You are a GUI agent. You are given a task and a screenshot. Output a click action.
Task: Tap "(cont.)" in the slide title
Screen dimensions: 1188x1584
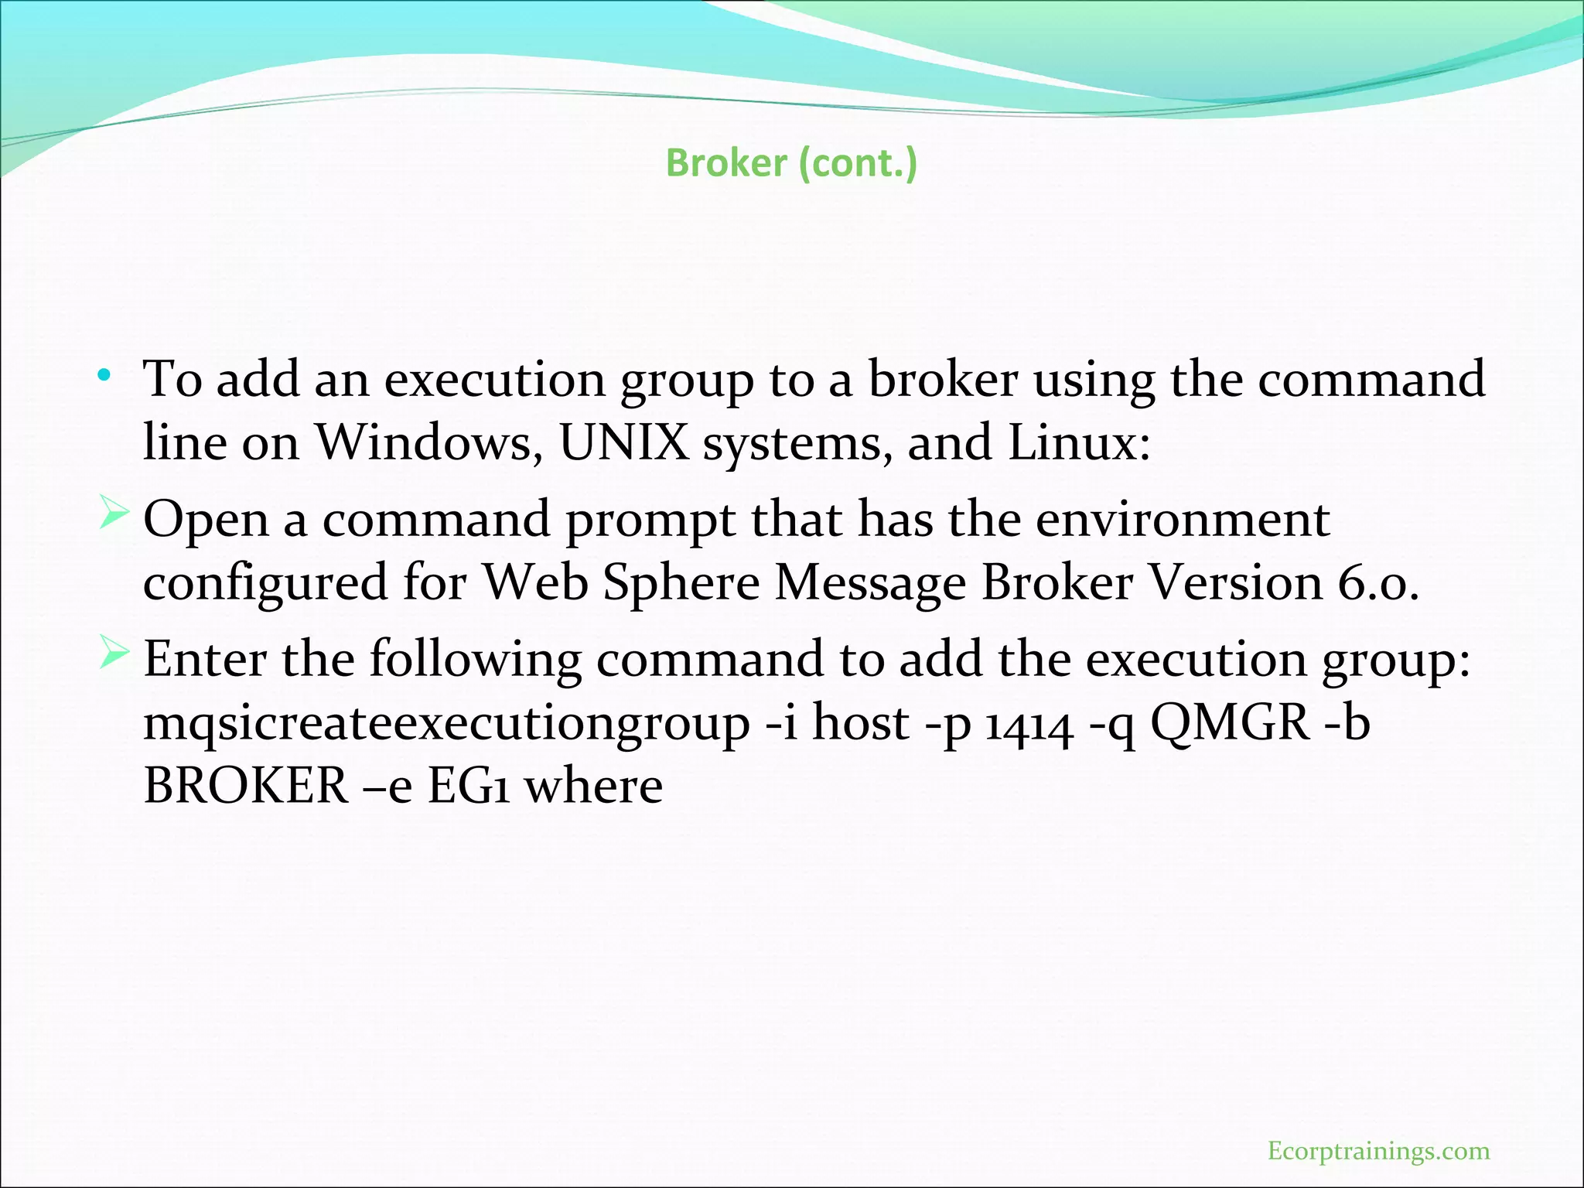858,163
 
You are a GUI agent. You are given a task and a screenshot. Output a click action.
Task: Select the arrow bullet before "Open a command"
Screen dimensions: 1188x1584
113,515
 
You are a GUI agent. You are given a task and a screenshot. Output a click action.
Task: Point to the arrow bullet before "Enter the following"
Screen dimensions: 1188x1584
113,655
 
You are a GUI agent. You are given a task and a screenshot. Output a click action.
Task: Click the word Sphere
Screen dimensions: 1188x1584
681,582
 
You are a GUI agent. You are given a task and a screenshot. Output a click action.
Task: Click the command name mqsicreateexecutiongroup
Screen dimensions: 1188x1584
446,725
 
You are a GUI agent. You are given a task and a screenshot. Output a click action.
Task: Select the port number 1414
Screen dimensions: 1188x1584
1029,725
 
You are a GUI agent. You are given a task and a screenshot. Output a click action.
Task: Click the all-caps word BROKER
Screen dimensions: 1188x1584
246,786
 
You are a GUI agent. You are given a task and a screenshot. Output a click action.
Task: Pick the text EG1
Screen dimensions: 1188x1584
469,786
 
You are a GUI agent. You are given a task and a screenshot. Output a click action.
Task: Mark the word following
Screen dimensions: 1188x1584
475,661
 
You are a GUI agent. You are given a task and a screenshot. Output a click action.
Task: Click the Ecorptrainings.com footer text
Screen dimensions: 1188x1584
1378,1151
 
